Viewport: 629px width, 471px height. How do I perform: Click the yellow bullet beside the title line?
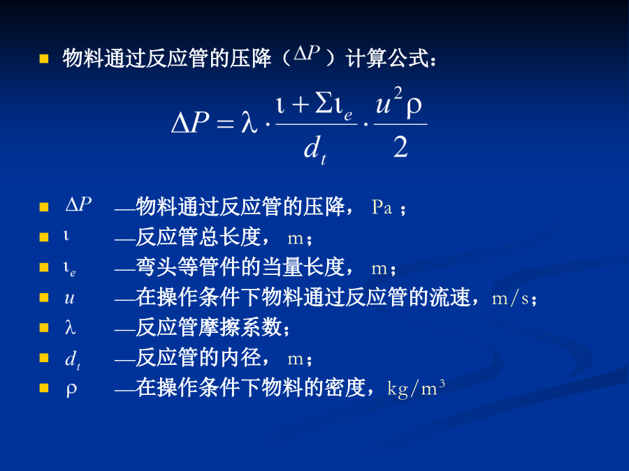(x=44, y=59)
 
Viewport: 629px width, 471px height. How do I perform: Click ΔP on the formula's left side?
(x=190, y=121)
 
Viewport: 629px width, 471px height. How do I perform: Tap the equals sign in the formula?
(x=225, y=124)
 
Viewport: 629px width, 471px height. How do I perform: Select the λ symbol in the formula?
(x=249, y=121)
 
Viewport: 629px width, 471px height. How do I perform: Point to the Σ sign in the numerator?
(x=324, y=103)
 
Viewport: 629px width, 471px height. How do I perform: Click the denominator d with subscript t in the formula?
(x=315, y=149)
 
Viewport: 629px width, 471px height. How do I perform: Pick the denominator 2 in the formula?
(x=400, y=147)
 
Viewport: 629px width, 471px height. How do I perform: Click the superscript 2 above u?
(x=398, y=94)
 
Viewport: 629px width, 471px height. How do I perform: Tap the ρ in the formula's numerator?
(x=414, y=107)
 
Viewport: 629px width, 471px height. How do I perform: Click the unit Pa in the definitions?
(x=382, y=207)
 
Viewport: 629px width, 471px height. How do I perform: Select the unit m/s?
(x=510, y=299)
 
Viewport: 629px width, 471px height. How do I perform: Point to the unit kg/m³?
(x=416, y=388)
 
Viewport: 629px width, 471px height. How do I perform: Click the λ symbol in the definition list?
(x=70, y=328)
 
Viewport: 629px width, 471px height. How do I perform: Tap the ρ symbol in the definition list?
(x=71, y=389)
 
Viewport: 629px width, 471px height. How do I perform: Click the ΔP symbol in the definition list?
(x=78, y=204)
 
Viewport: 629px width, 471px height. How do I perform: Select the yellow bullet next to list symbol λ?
(x=44, y=328)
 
